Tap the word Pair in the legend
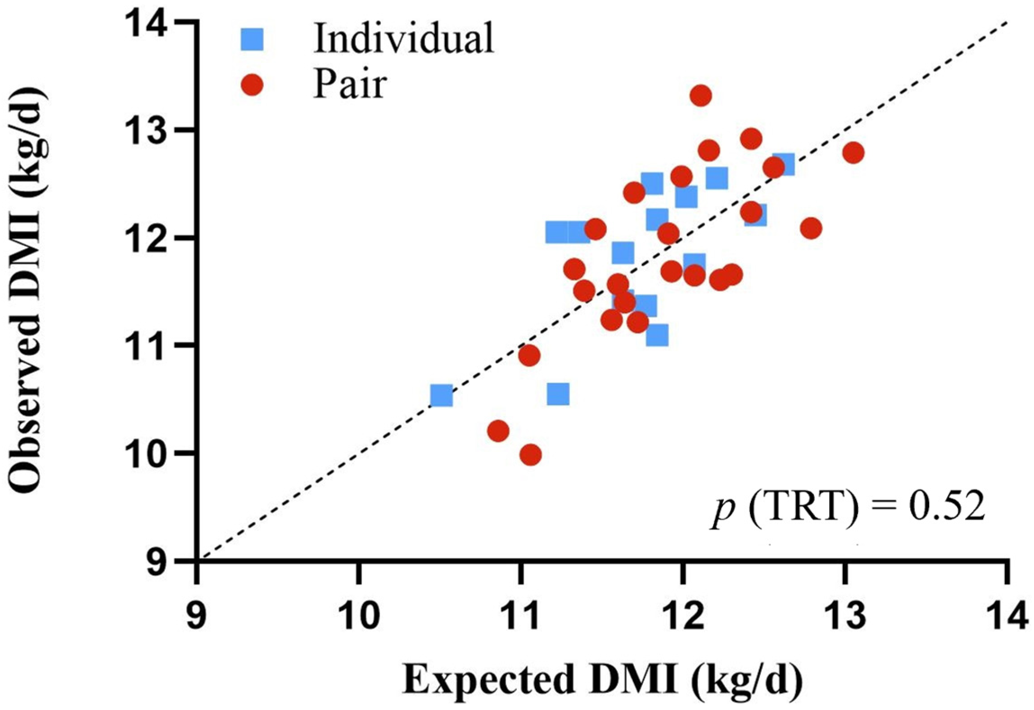pyautogui.click(x=350, y=84)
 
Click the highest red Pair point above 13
pyautogui.click(x=700, y=95)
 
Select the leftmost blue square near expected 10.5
pyautogui.click(x=441, y=395)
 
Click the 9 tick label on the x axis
pyautogui.click(x=197, y=616)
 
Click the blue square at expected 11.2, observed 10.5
pyautogui.click(x=558, y=394)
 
